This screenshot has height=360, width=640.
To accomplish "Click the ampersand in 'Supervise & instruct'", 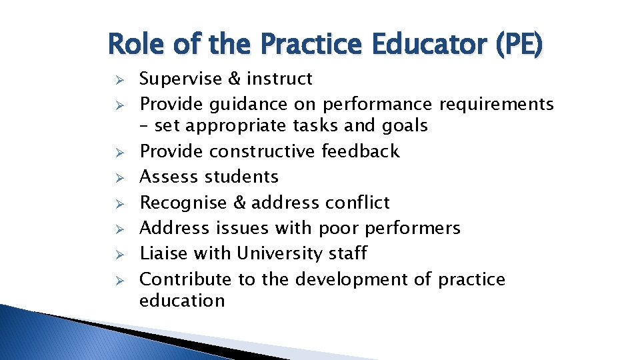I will pyautogui.click(x=235, y=79).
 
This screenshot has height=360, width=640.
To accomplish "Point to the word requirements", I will pyautogui.click(x=496, y=105).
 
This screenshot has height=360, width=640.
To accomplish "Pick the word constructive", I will pyautogui.click(x=263, y=151).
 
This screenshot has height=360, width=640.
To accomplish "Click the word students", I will pyautogui.click(x=242, y=177).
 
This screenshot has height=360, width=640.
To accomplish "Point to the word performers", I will pyautogui.click(x=413, y=228).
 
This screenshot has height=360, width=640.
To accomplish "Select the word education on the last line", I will pyautogui.click(x=182, y=301).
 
